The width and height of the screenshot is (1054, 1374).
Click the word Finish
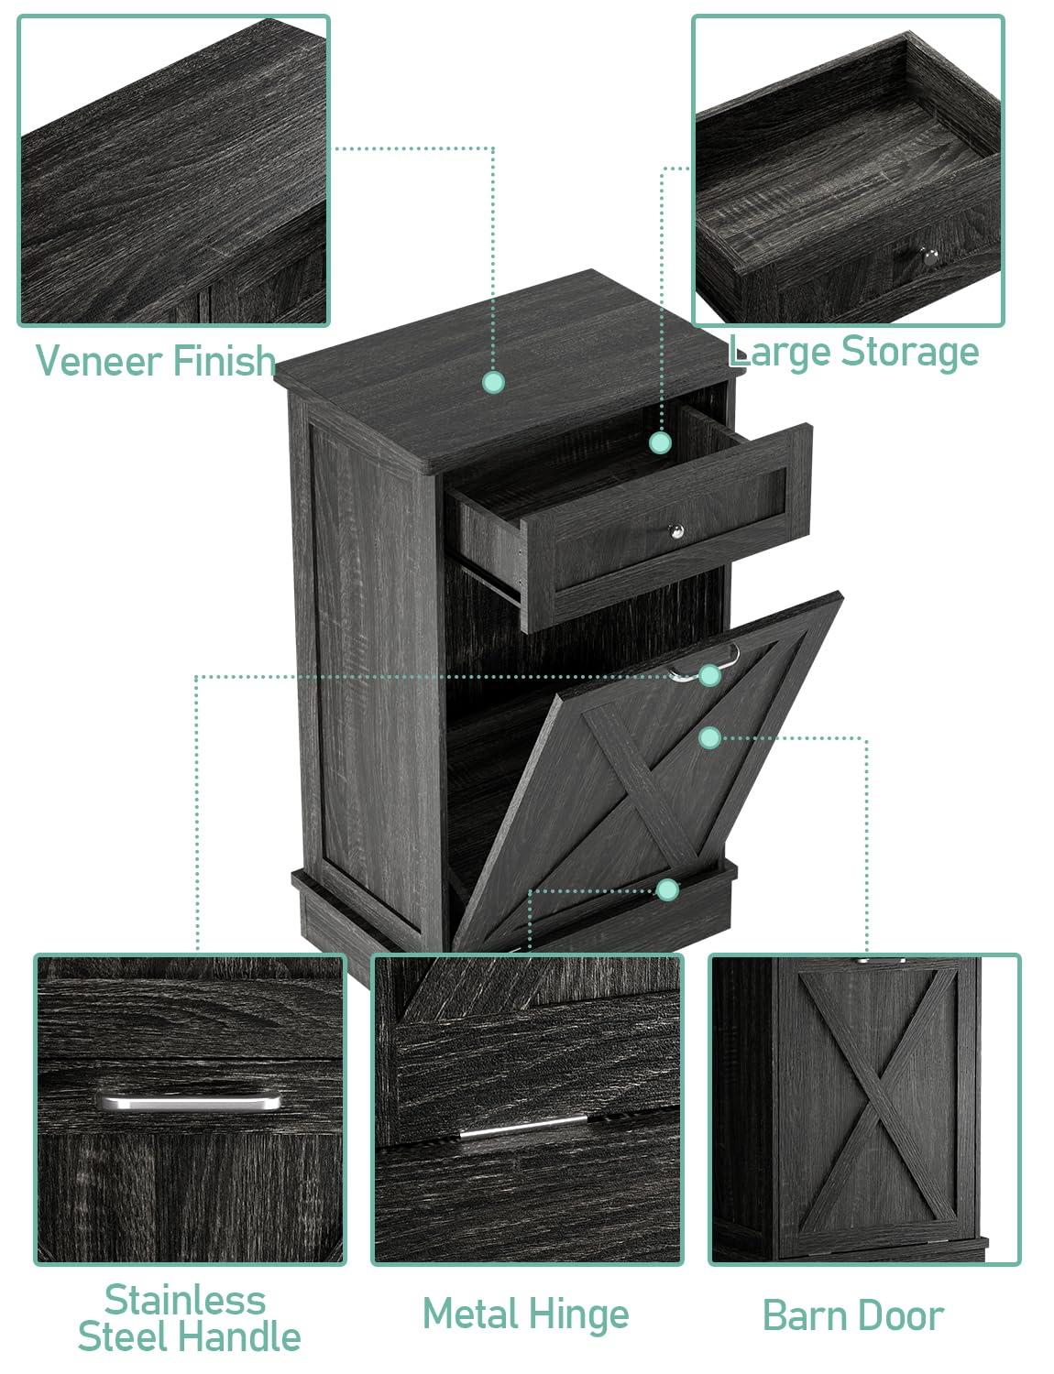coord(224,360)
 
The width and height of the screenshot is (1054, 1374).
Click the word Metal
coord(471,1314)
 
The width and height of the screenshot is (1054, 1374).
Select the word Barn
coord(804,1315)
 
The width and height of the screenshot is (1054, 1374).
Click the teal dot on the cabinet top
coord(493,382)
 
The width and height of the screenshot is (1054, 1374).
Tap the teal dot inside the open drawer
coord(660,442)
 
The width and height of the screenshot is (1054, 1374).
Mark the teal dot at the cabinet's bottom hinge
coord(667,890)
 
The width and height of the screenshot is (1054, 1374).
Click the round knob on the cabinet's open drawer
coord(676,531)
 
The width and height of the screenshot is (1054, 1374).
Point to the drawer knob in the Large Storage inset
coord(929,256)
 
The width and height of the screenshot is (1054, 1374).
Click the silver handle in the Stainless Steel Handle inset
coord(188,1101)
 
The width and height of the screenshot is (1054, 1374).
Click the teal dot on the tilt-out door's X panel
coord(709,737)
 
